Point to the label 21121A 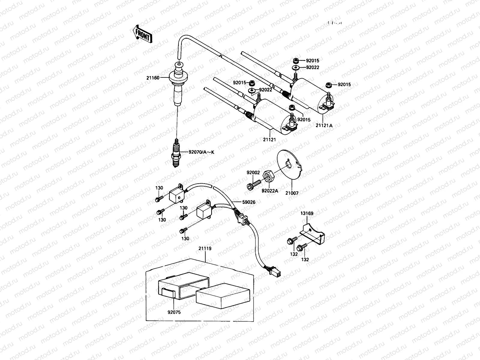tap(324, 126)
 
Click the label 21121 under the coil tap(269, 139)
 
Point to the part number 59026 tap(249, 202)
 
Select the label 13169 tap(307, 213)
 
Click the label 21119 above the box tap(205, 248)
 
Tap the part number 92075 tap(174, 312)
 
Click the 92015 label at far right tap(344, 85)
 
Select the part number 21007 tap(292, 193)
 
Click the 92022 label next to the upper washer tap(313, 67)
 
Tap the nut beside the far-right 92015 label tap(328, 85)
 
